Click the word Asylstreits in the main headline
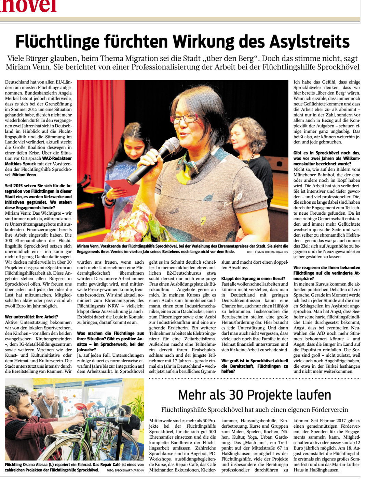(x=310, y=42)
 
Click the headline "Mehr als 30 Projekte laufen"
(x=255, y=395)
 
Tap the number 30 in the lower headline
(x=235, y=395)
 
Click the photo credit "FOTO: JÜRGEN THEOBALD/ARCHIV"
(x=267, y=252)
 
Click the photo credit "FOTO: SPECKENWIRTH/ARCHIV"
(x=125, y=470)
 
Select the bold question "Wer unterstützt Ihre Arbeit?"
(x=31, y=317)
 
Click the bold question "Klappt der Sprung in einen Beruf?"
(x=253, y=278)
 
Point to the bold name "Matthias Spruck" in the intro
(x=21, y=164)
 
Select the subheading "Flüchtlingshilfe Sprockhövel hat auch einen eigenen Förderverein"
(x=255, y=410)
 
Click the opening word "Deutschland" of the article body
(x=17, y=82)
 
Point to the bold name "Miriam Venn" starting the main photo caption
(x=88, y=246)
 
